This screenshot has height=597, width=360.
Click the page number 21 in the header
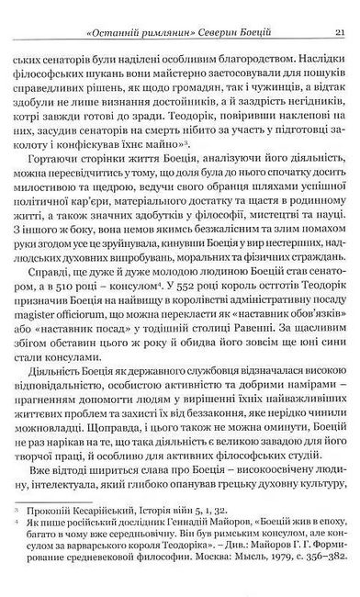tap(339, 10)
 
